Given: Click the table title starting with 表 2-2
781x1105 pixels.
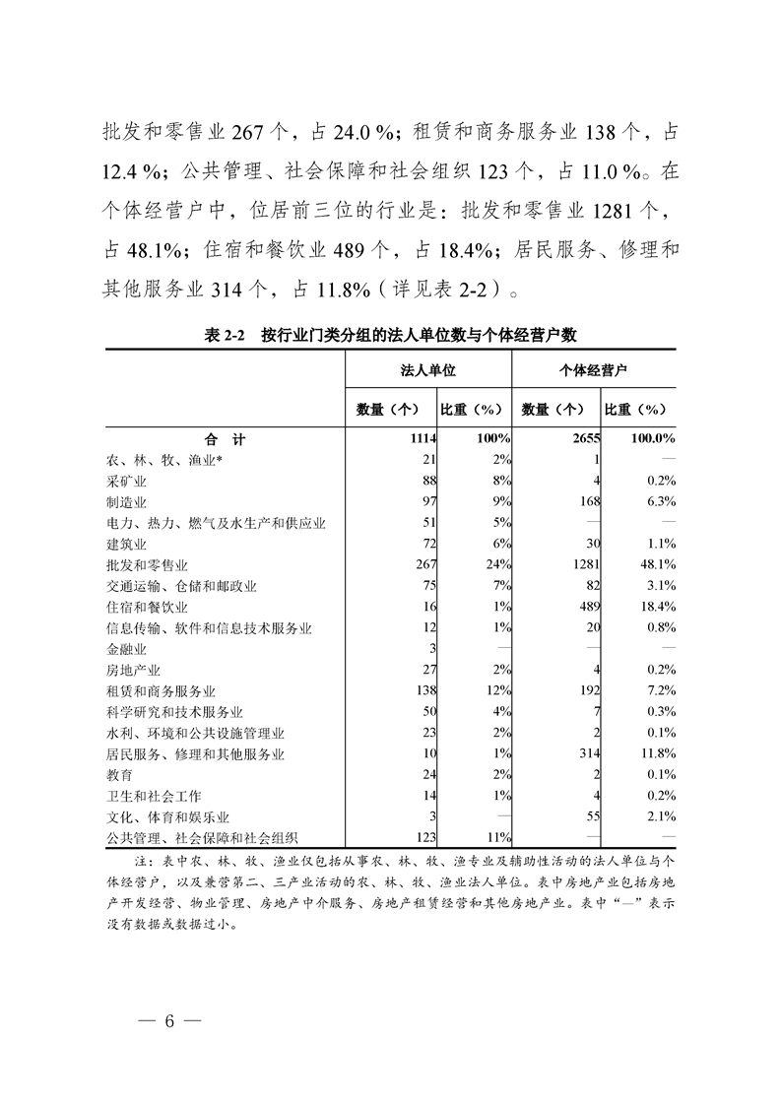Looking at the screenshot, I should pos(390,336).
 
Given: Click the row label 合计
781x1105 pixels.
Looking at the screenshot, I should pos(225,439).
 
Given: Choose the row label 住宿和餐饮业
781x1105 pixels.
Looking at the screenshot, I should pos(147,607).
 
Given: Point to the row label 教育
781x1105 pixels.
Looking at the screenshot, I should pos(119,774).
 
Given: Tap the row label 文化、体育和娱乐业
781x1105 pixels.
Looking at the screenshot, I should pos(167,816).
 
